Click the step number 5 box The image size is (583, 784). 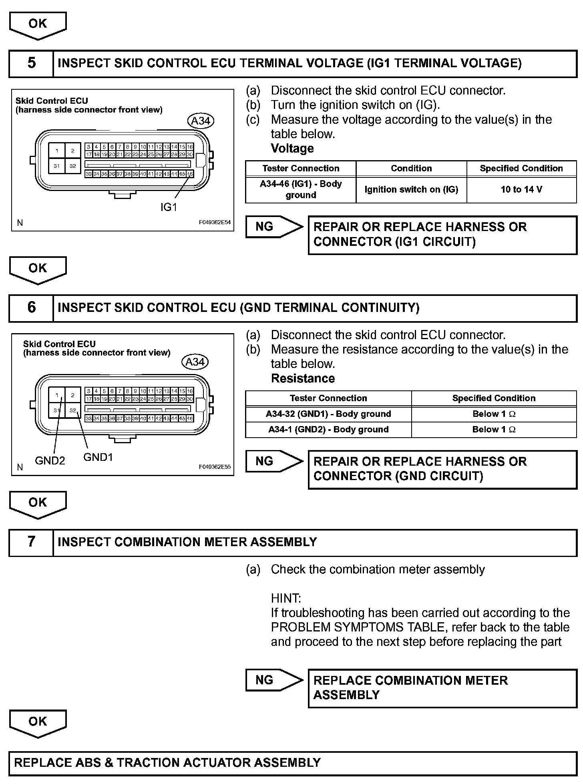click(31, 63)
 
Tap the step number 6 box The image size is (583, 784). click(31, 308)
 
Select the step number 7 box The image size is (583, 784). click(31, 542)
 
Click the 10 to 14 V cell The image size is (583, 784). click(521, 189)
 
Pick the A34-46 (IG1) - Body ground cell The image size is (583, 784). click(301, 189)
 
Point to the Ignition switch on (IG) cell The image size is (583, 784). click(411, 189)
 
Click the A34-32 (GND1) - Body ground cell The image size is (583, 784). click(328, 414)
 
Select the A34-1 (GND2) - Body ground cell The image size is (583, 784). click(328, 429)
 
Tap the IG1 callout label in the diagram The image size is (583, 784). click(169, 207)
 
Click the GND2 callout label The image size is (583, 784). click(50, 460)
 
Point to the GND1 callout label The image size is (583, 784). click(98, 457)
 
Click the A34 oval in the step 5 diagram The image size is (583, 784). click(201, 121)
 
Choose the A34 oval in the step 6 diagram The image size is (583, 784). click(195, 362)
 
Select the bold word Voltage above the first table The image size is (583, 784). click(292, 149)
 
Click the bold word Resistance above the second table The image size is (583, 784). click(303, 378)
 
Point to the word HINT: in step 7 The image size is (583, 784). click(286, 598)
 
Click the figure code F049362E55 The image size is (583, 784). click(215, 467)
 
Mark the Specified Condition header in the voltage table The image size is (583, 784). click(521, 168)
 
